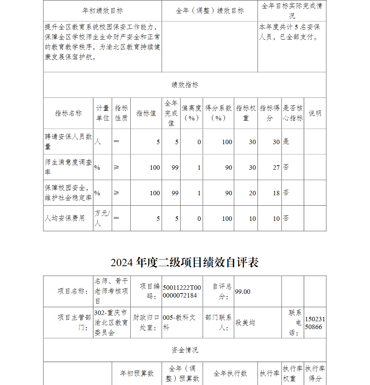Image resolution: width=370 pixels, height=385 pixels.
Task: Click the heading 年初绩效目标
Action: (x=102, y=11)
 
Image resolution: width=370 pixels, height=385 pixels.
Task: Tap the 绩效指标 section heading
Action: (x=185, y=85)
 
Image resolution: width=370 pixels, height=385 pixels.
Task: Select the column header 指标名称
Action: (x=68, y=113)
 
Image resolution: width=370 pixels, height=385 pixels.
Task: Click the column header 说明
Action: (x=315, y=113)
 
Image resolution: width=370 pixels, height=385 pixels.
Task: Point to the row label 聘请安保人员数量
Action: (x=68, y=142)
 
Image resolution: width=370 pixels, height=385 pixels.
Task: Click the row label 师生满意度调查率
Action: (x=68, y=167)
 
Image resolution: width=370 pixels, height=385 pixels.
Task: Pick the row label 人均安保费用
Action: (x=65, y=218)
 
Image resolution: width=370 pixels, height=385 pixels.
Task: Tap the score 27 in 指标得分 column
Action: (x=276, y=167)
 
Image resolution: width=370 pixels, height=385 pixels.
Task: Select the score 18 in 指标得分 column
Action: (x=276, y=193)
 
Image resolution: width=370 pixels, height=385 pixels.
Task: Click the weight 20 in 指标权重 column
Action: (x=252, y=193)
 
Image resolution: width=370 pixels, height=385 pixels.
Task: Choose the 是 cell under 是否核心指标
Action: (x=286, y=142)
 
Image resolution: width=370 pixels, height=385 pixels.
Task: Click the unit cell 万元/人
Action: (x=102, y=218)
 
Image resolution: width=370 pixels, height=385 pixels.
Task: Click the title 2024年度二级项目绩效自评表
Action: (x=185, y=262)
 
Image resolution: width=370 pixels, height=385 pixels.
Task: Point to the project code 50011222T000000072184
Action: (x=182, y=291)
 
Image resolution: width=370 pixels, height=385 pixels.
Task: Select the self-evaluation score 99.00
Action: (x=243, y=292)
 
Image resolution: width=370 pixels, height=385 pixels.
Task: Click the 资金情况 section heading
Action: (x=185, y=350)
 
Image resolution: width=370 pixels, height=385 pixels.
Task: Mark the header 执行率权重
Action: (x=292, y=374)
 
